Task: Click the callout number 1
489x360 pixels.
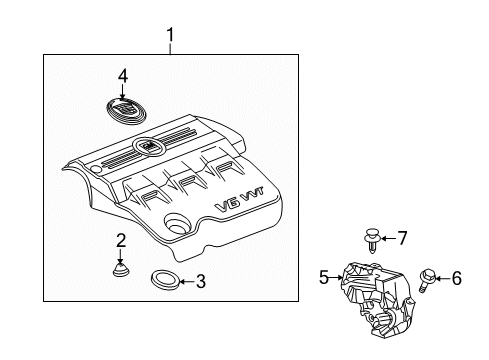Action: [x=170, y=38]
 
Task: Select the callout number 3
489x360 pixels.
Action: [x=200, y=281]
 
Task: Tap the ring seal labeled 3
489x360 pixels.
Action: [x=162, y=280]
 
